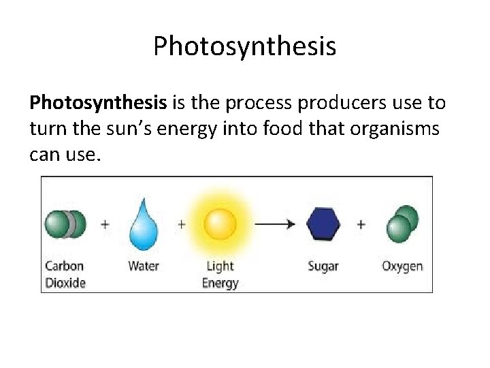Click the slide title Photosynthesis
[244, 46]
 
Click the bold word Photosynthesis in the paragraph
[98, 103]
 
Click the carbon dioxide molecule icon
[65, 224]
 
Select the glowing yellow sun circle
[220, 224]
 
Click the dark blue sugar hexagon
[323, 224]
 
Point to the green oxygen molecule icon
[402, 224]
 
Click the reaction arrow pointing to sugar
[275, 224]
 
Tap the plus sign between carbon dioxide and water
[105, 224]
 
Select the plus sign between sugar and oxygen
[361, 224]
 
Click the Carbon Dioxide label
[65, 274]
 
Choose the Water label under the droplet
[144, 266]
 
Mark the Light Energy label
[220, 274]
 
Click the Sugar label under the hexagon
[323, 266]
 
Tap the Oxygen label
[402, 266]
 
